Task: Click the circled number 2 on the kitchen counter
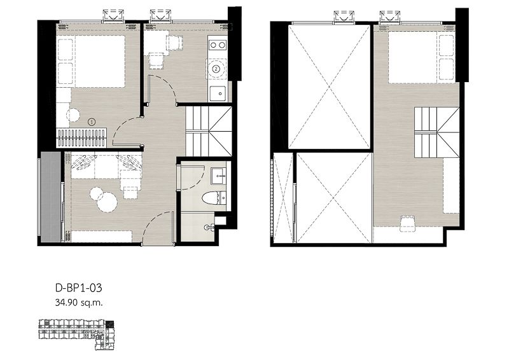pos(217,68)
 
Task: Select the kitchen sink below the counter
pos(217,93)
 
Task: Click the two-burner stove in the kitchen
pos(217,45)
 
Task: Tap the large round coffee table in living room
pos(106,203)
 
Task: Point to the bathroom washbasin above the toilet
pos(218,174)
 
